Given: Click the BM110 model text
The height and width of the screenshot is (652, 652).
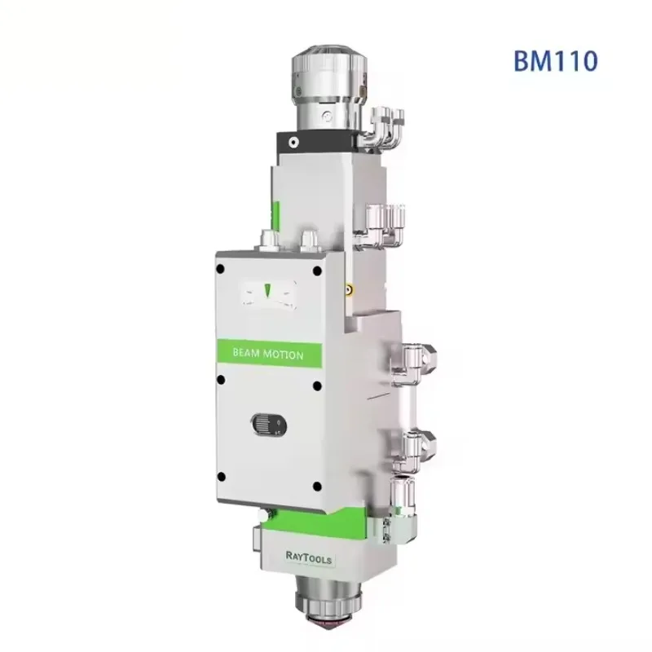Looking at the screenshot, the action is pos(556,60).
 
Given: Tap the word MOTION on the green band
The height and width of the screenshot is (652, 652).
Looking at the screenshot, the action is pos(286,355).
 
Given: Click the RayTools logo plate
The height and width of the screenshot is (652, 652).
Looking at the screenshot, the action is pos(309,557).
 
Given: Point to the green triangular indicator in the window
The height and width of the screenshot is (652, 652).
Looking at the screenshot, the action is pos(268,290).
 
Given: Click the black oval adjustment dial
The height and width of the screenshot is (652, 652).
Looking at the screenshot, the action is pos(269,425).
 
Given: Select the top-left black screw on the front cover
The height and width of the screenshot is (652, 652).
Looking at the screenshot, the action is pos(221,269).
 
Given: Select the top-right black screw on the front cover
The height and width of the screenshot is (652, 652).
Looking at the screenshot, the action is pos(317,271).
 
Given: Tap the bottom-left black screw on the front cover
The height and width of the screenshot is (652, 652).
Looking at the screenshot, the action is pos(221,477).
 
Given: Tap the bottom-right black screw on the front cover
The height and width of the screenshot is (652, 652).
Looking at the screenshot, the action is pos(317,486).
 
